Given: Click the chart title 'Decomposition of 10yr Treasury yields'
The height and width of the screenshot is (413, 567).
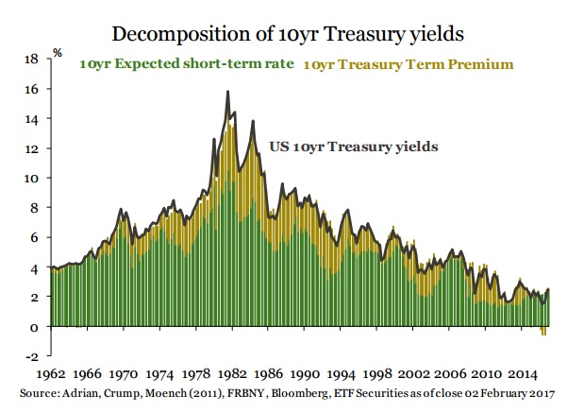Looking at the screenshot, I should tap(282, 34).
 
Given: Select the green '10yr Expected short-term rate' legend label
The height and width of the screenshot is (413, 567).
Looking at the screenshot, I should tap(188, 65).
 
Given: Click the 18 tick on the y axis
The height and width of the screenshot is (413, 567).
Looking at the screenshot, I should tap(31, 60).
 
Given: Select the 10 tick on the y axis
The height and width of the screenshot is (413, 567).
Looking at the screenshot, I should tap(31, 178).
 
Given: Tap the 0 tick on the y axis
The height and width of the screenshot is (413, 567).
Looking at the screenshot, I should tap(33, 327).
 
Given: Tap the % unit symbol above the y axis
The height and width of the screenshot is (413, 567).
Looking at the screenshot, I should tap(58, 52).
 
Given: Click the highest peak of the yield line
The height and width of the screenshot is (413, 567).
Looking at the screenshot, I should tap(228, 92).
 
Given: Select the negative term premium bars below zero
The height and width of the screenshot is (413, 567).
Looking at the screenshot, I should tap(543, 331).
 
